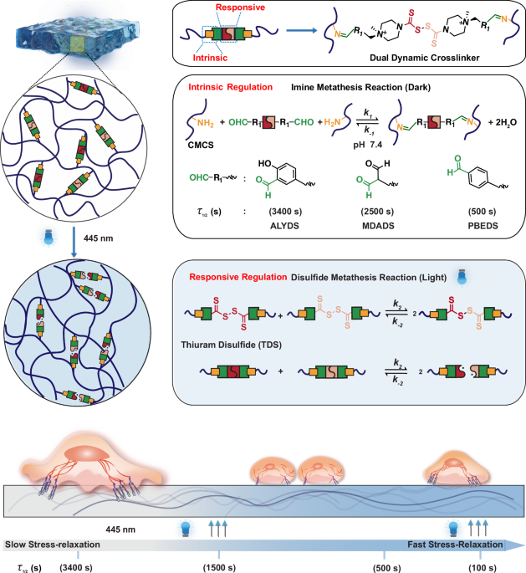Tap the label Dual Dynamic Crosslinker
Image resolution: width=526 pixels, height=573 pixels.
(440, 59)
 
